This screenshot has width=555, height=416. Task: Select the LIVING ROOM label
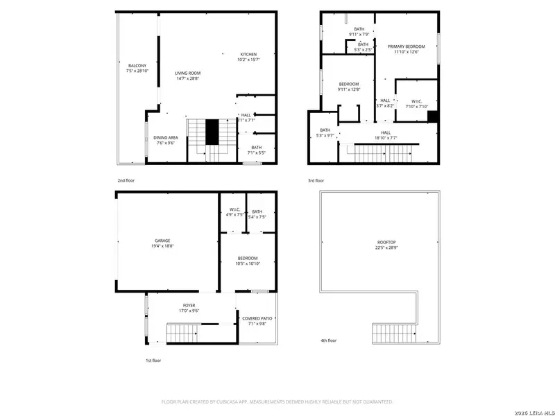click(x=187, y=73)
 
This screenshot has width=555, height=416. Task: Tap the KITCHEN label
click(x=249, y=54)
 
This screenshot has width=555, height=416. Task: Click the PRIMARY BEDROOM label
click(x=406, y=46)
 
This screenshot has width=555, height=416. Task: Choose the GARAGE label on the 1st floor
click(x=162, y=241)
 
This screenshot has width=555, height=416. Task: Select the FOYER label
click(x=189, y=304)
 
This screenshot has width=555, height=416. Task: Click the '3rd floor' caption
click(x=317, y=180)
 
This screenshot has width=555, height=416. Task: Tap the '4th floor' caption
click(x=328, y=340)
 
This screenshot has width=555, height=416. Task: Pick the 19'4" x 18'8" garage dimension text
click(x=162, y=246)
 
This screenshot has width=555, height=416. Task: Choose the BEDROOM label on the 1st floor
click(x=248, y=258)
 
